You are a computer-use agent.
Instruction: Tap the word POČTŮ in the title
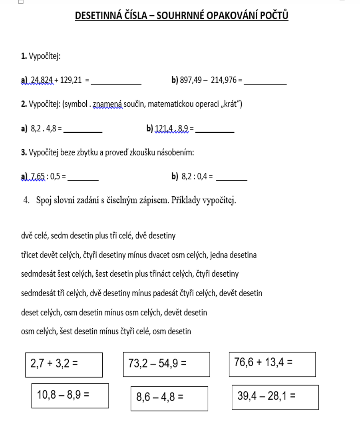[x=273, y=16]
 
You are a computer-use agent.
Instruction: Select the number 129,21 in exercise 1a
[x=71, y=80]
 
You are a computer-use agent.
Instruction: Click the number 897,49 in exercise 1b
[x=189, y=80]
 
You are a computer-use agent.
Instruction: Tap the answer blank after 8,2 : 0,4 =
[x=231, y=178]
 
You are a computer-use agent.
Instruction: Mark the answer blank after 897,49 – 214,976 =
[x=265, y=82]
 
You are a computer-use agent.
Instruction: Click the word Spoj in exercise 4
[x=44, y=200]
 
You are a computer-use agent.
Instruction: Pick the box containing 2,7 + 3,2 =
[x=64, y=364]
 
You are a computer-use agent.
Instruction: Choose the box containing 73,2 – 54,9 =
[x=166, y=364]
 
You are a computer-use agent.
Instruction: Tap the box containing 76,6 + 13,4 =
[x=272, y=364]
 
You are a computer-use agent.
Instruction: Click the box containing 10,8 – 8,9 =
[x=70, y=395]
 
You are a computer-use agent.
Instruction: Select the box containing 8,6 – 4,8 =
[x=169, y=398]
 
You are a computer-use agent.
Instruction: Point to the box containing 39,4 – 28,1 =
[x=275, y=397]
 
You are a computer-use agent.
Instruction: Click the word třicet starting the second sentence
[x=30, y=255]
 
